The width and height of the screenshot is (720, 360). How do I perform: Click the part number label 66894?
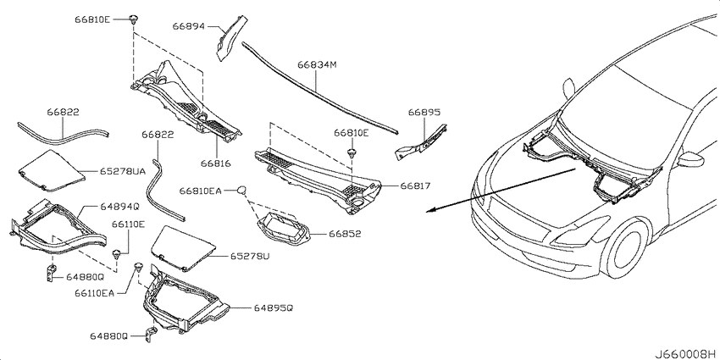(x=188, y=26)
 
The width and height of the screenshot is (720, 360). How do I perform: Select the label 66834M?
(x=317, y=64)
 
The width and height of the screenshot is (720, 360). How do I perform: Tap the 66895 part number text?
(x=424, y=112)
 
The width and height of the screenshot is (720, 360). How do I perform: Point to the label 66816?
(x=215, y=163)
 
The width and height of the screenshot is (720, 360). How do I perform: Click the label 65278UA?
(x=122, y=171)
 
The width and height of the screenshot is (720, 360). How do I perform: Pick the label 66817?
(x=414, y=186)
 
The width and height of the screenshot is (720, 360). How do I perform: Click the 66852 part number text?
(x=345, y=234)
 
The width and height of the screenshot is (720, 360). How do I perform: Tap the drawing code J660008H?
(x=685, y=354)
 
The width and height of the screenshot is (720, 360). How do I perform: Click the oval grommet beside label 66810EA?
(x=243, y=190)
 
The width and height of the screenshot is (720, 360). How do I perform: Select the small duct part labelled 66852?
(x=284, y=230)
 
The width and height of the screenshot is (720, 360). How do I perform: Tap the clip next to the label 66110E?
(x=117, y=253)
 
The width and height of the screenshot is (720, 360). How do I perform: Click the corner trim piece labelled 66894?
(x=230, y=37)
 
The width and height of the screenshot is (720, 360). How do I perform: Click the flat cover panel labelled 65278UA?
(x=51, y=170)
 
